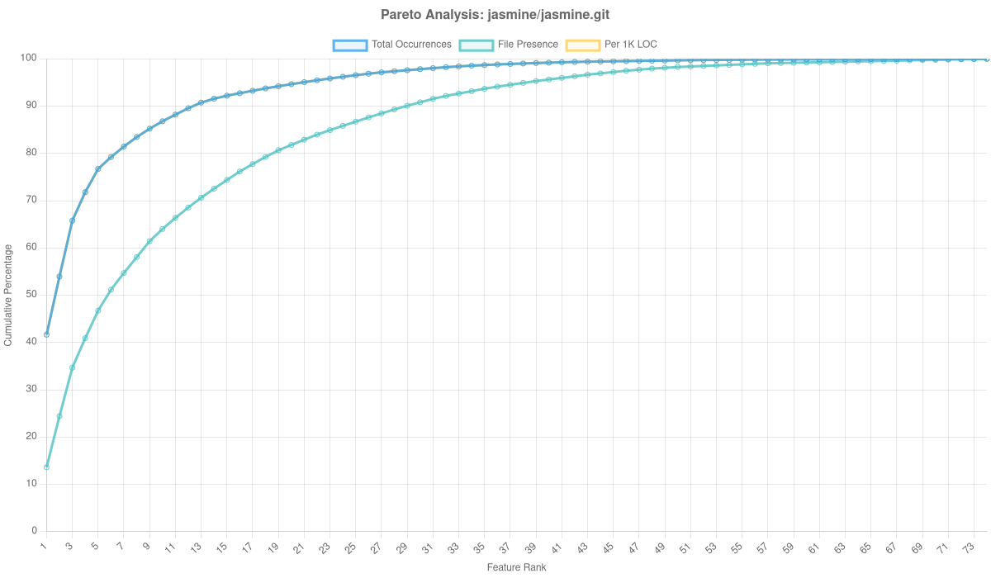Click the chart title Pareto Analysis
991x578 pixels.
[495, 15]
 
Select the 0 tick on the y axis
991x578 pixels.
[35, 530]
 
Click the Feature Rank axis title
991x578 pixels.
[516, 568]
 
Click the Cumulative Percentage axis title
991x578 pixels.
[8, 294]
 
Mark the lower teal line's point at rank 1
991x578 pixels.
[46, 467]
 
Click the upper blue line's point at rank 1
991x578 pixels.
[46, 334]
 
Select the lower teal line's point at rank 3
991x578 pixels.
[72, 367]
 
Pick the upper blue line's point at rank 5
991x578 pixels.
[97, 169]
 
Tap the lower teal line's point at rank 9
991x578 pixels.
[149, 241]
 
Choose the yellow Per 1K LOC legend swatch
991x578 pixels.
[582, 45]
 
